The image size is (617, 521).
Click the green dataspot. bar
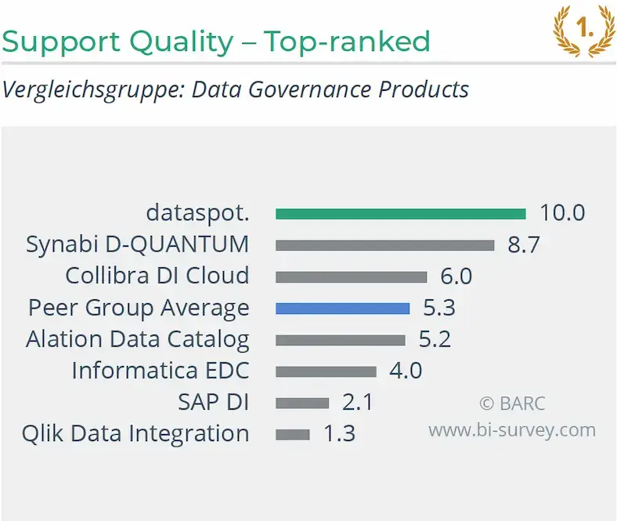pyautogui.click(x=401, y=214)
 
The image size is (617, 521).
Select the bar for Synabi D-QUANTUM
pyautogui.click(x=384, y=245)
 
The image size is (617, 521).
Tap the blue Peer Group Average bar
pyautogui.click(x=342, y=309)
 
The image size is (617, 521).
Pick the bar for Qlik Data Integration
pyautogui.click(x=292, y=434)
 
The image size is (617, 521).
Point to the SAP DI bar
pyautogui.click(x=302, y=403)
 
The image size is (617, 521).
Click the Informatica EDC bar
pyautogui.click(x=326, y=371)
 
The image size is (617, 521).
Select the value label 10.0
pyautogui.click(x=562, y=212)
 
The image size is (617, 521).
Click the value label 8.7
pyautogui.click(x=523, y=244)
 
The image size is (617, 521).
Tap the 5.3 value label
pyautogui.click(x=439, y=307)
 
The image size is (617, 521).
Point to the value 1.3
pyautogui.click(x=339, y=433)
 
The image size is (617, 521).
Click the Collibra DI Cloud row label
pyautogui.click(x=157, y=275)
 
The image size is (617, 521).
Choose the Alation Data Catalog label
pyautogui.click(x=137, y=339)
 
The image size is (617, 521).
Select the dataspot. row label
pyautogui.click(x=197, y=213)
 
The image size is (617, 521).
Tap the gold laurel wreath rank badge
pyautogui.click(x=584, y=31)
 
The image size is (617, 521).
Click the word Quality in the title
pyautogui.click(x=182, y=42)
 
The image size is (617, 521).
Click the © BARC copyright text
pyautogui.click(x=512, y=403)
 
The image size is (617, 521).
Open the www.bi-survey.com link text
pyautogui.click(x=512, y=430)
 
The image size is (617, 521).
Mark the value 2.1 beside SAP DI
pyautogui.click(x=357, y=402)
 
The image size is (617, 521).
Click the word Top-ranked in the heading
pyautogui.click(x=347, y=42)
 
